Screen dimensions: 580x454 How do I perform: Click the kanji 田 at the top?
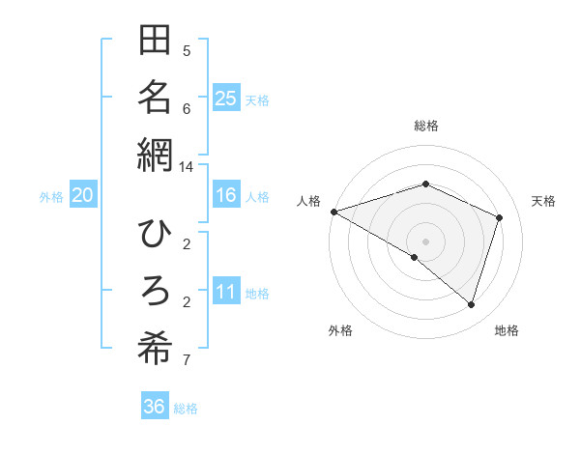(155, 43)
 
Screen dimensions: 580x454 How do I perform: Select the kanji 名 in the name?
(155, 97)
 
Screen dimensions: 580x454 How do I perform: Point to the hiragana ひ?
(155, 235)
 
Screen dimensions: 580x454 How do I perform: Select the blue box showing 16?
(225, 195)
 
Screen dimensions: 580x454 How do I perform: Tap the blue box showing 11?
(225, 291)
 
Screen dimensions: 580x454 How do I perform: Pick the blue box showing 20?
(82, 195)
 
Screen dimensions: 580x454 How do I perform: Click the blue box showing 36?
(154, 407)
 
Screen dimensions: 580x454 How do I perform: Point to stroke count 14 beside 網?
(187, 166)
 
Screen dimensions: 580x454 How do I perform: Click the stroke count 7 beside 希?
(187, 360)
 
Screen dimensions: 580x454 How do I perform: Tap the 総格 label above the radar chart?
(425, 126)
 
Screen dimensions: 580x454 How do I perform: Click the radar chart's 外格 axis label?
(339, 330)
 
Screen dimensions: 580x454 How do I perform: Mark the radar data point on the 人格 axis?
(333, 211)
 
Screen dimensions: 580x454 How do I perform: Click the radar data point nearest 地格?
(471, 304)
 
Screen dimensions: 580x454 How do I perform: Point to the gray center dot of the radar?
(425, 241)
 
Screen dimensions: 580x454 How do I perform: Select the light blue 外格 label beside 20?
(51, 196)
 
